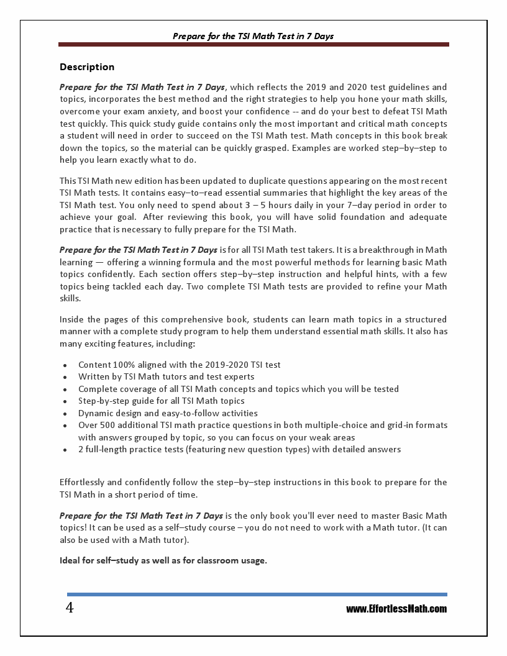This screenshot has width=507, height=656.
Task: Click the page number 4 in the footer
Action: point(70,608)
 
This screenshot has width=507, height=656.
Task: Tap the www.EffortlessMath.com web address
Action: point(396,609)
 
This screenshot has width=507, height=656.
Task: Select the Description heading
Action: point(87,66)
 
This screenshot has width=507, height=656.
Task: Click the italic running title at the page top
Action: point(253,36)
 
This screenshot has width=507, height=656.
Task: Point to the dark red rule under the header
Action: point(253,45)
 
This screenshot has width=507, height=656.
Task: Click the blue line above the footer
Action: point(257,594)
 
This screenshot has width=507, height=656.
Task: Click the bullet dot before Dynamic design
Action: point(65,414)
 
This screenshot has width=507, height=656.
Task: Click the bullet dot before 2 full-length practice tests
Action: point(65,450)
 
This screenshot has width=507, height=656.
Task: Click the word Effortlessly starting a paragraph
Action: point(84,482)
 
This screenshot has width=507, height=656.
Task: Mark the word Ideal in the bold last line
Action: point(70,560)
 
